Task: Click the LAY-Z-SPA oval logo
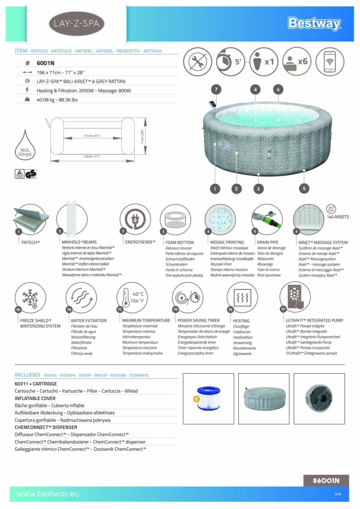(x=76, y=23)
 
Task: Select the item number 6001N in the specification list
(x=46, y=63)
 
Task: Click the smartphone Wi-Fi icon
(x=330, y=61)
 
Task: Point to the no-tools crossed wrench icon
(x=198, y=61)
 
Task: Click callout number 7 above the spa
(x=216, y=89)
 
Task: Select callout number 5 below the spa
(x=304, y=189)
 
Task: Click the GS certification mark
(x=31, y=174)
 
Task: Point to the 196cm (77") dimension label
(x=91, y=156)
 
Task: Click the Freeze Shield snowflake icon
(x=30, y=298)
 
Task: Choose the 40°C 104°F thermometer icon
(x=132, y=297)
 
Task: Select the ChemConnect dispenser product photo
(x=319, y=398)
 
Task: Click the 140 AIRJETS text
(x=338, y=217)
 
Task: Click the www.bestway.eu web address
(x=48, y=494)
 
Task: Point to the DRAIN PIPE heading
(x=268, y=242)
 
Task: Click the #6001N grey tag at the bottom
(x=326, y=481)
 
